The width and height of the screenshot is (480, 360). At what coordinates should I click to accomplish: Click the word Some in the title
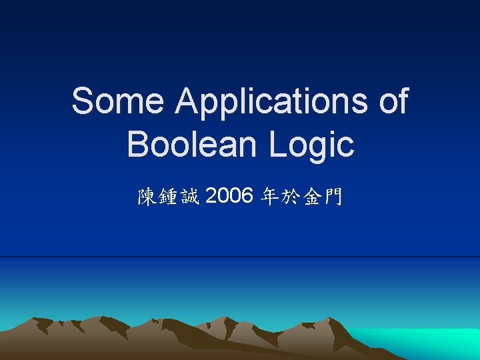point(117,102)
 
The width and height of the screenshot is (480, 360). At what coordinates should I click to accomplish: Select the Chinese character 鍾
point(168,197)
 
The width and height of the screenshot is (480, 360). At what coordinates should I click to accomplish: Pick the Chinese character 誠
point(189,197)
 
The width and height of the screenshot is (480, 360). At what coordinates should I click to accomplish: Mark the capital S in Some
point(84,102)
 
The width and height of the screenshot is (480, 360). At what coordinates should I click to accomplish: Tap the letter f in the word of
point(402,101)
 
